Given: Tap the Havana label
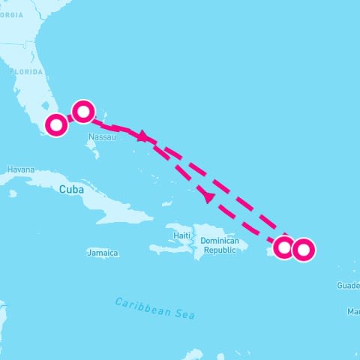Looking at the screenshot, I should [x=20, y=169].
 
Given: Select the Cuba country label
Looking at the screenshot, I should [x=72, y=189].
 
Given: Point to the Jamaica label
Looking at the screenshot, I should [x=102, y=253].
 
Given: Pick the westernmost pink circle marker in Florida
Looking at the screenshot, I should [x=56, y=124].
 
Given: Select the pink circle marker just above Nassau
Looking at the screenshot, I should [x=83, y=112].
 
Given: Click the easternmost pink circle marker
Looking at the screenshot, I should [x=303, y=249].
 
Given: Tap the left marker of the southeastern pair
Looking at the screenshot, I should [x=283, y=247].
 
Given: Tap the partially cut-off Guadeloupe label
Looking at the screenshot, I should [x=348, y=285].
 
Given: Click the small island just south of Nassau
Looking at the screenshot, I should [x=92, y=154].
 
